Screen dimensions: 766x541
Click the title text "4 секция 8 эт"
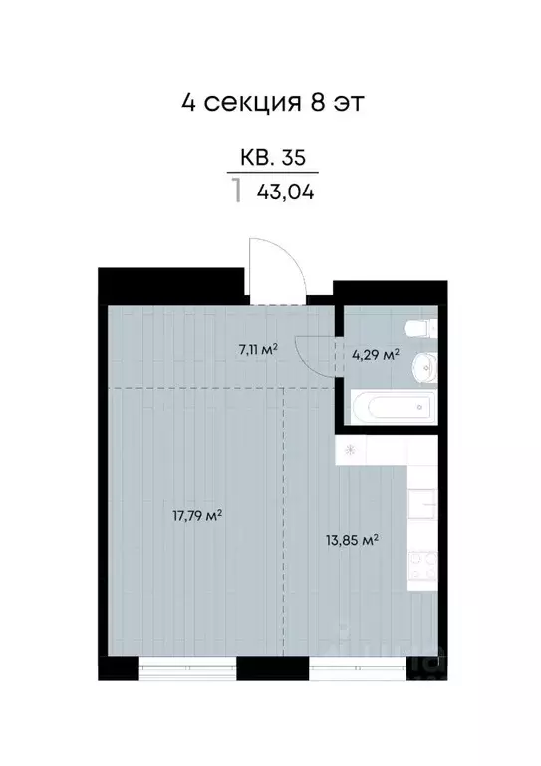pos(270,102)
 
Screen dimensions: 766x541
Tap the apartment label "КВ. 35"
pos(272,157)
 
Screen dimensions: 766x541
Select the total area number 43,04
pos(285,192)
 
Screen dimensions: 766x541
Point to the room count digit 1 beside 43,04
pos(236,191)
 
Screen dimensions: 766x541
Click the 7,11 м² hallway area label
pos(257,349)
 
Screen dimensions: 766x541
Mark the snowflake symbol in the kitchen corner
pos(350,449)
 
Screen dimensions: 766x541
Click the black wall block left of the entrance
pos(172,282)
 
